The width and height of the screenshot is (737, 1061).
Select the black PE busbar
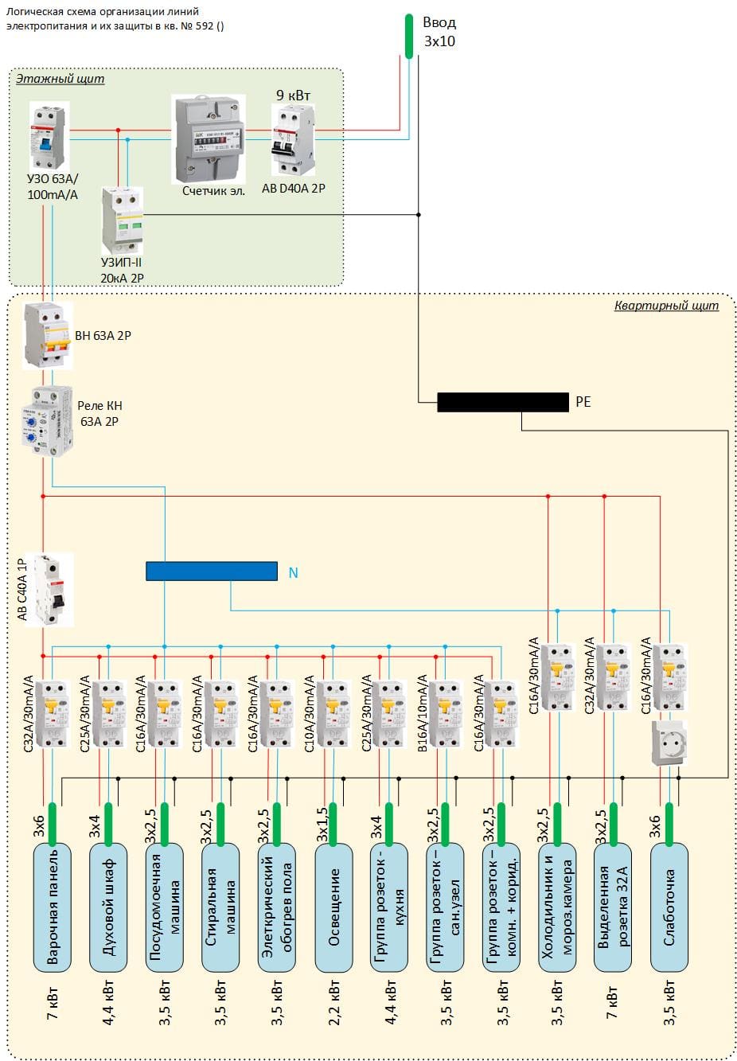[x=503, y=402]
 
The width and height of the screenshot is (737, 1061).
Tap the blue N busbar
[x=211, y=571]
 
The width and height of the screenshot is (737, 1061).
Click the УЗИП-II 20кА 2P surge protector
[x=122, y=220]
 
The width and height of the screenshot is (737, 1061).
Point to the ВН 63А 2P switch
[x=48, y=335]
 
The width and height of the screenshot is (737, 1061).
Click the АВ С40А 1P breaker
[x=49, y=590]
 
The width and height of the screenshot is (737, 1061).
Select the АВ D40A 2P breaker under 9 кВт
[x=293, y=141]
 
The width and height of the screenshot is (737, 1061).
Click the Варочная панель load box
[x=52, y=907]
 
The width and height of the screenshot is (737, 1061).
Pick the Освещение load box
[x=333, y=907]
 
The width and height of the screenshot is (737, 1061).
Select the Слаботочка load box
[x=669, y=907]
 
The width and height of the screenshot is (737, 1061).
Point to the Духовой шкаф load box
[x=108, y=907]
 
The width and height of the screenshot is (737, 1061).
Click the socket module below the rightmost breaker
[x=669, y=743]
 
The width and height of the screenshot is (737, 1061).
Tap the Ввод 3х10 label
[x=439, y=32]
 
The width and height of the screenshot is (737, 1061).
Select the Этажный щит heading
[x=60, y=79]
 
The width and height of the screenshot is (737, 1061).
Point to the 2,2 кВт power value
[x=334, y=1003]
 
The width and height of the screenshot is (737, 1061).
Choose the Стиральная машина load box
[x=220, y=907]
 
